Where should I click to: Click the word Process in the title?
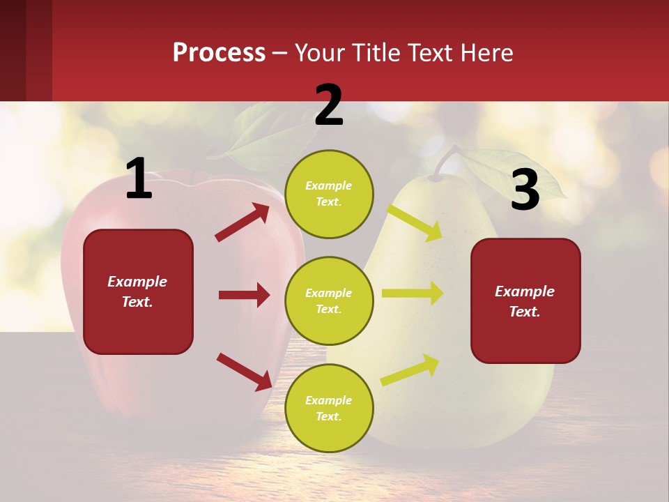(x=219, y=53)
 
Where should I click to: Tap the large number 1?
(x=139, y=178)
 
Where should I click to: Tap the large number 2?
(x=329, y=105)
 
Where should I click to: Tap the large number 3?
(x=525, y=190)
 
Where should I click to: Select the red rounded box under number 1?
(x=138, y=291)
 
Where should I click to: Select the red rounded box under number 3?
(x=525, y=301)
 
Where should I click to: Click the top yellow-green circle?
(x=329, y=194)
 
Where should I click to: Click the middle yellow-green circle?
(x=329, y=301)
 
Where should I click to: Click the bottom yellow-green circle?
(x=329, y=408)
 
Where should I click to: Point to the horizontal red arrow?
(x=244, y=295)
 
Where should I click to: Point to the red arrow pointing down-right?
(x=245, y=372)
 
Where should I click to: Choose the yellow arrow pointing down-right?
(x=415, y=222)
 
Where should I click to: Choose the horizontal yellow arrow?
(x=412, y=294)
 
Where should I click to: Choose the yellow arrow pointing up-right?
(x=410, y=370)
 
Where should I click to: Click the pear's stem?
(x=443, y=162)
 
